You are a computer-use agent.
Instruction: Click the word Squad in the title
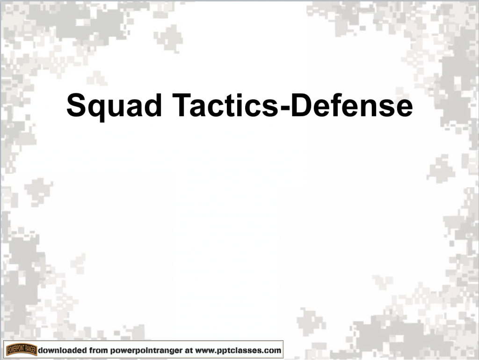114,106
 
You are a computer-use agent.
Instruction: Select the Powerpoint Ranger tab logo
22,350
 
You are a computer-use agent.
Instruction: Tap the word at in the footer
190,350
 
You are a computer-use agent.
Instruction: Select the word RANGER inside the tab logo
30,349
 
